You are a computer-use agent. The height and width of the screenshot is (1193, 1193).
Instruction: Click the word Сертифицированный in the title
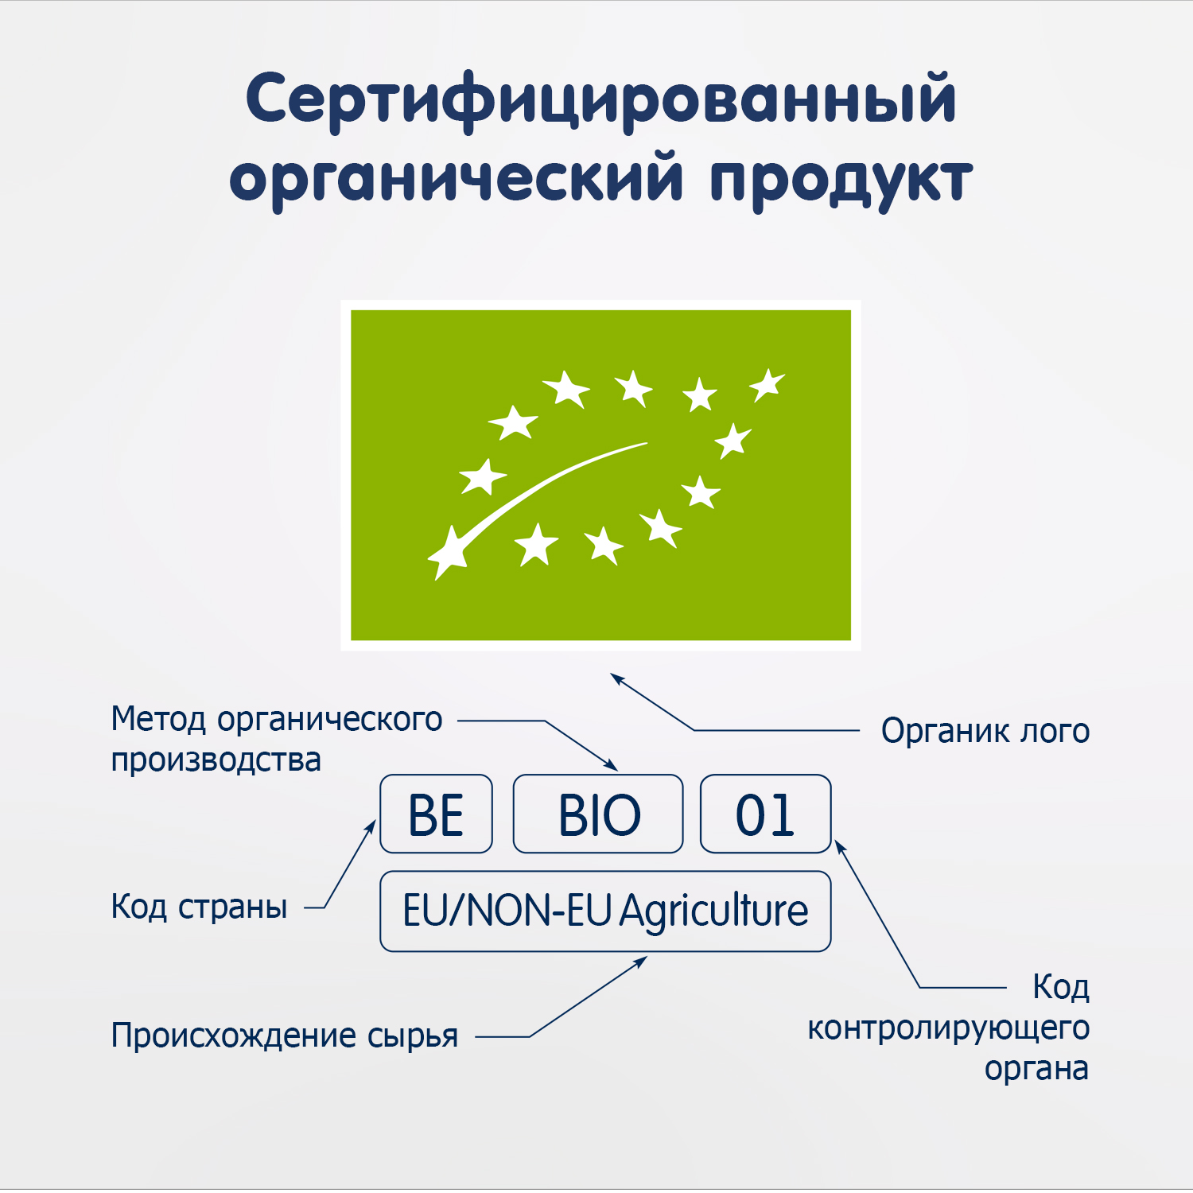click(x=600, y=99)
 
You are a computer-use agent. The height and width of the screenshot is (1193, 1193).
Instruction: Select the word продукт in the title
click(x=841, y=179)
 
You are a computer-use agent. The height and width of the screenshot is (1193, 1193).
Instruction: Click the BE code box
click(x=436, y=814)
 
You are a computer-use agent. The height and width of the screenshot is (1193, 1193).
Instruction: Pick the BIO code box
click(x=598, y=814)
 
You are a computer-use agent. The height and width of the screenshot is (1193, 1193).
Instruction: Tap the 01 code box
click(x=765, y=814)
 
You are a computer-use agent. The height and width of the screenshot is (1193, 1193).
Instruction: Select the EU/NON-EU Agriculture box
click(x=605, y=911)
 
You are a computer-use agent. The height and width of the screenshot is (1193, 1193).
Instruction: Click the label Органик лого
click(x=985, y=731)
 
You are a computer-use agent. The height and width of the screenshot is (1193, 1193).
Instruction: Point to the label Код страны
click(x=199, y=907)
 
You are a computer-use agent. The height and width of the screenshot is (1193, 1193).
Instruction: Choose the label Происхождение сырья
click(x=284, y=1036)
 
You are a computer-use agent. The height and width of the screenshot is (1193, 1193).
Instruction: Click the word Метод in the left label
click(x=159, y=719)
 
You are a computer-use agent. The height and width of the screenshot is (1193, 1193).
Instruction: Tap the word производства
click(x=216, y=760)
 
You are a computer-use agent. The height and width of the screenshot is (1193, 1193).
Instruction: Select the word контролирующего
click(x=948, y=1028)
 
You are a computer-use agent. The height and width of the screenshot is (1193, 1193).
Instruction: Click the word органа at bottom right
click(x=1036, y=1068)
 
